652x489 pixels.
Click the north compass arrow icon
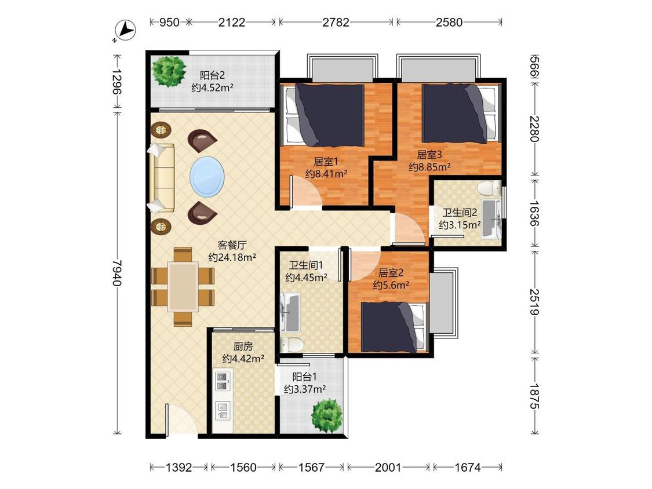tap(126, 30)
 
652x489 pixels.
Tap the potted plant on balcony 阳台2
tap(169, 71)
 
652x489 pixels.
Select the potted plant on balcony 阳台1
tap(327, 415)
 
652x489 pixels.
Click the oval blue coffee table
tap(207, 177)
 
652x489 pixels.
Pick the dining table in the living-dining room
tap(183, 286)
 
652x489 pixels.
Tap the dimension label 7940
tap(117, 273)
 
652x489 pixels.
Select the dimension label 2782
tap(336, 22)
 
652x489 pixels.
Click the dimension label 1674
tap(467, 468)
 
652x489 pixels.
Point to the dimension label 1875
tap(534, 396)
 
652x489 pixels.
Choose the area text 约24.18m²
tap(232, 257)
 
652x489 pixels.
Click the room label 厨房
tap(243, 346)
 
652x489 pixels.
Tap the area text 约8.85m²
tap(429, 167)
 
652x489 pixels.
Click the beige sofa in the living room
tap(162, 178)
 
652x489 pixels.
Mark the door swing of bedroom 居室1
tap(305, 191)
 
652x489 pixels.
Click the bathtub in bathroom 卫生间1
tap(290, 312)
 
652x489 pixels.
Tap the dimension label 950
tap(169, 22)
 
